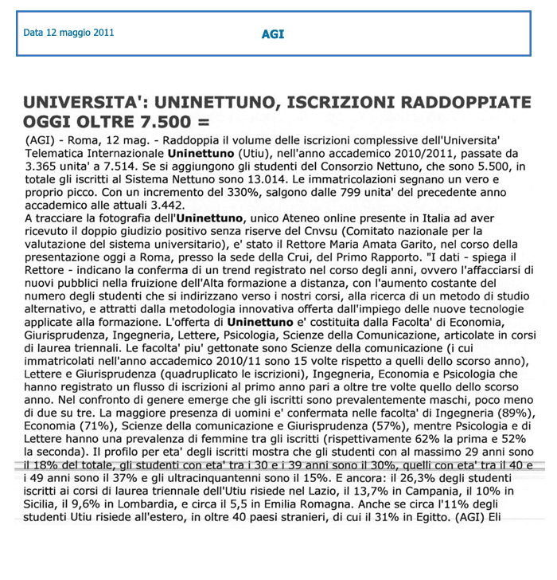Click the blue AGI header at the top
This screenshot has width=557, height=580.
[x=272, y=34]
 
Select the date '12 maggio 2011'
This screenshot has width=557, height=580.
[x=80, y=33]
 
